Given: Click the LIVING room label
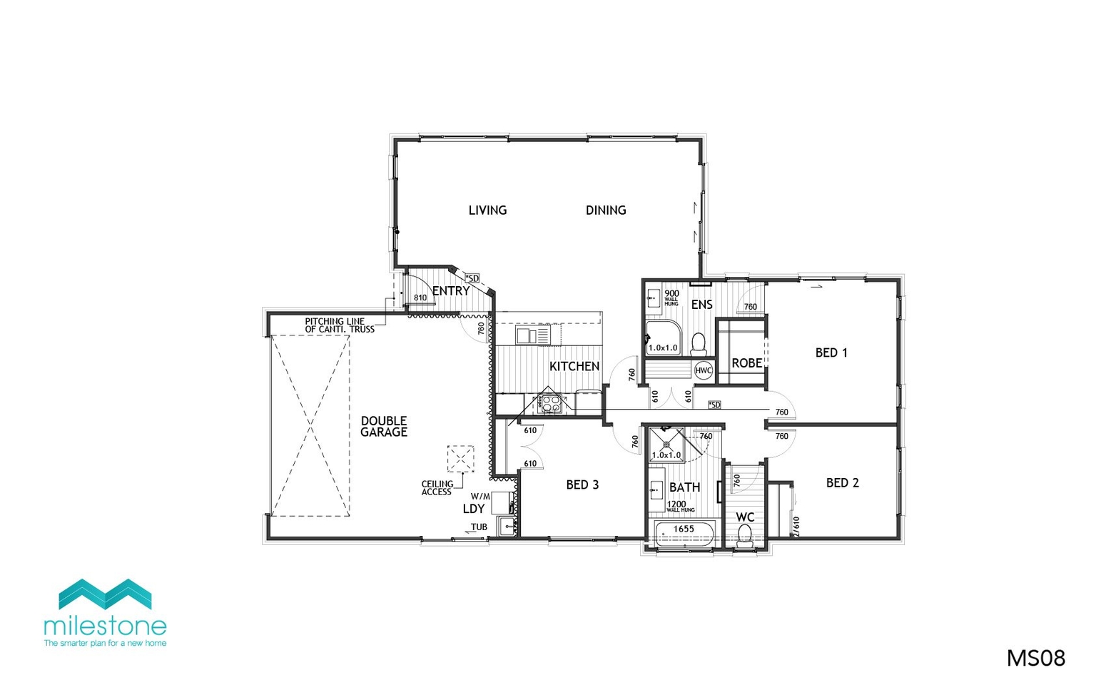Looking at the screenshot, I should (x=487, y=210).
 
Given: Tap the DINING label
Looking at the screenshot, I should (x=606, y=210).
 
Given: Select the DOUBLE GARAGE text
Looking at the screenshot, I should (x=384, y=427).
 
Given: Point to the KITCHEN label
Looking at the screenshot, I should (x=574, y=366).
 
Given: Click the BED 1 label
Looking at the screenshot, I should (x=831, y=352).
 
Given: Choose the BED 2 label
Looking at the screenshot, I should (x=842, y=483).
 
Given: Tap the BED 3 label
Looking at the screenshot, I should (x=582, y=484).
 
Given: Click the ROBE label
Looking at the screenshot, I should (x=746, y=363).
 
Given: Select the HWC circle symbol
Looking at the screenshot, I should (x=704, y=370).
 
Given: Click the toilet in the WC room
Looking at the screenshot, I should (x=746, y=534).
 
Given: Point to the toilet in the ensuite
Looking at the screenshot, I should (x=699, y=344).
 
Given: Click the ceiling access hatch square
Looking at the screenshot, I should (x=460, y=459).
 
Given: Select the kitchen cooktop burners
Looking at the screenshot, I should (x=550, y=403).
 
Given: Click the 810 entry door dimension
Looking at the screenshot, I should (x=420, y=298).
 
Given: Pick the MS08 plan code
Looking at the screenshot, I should (x=1035, y=658).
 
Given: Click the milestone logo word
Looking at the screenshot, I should (x=105, y=626).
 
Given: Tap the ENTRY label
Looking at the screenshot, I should (x=451, y=291).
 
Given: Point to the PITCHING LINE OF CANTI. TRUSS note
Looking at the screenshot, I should (x=340, y=325).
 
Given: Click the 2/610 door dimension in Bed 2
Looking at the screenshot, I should (x=796, y=526).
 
